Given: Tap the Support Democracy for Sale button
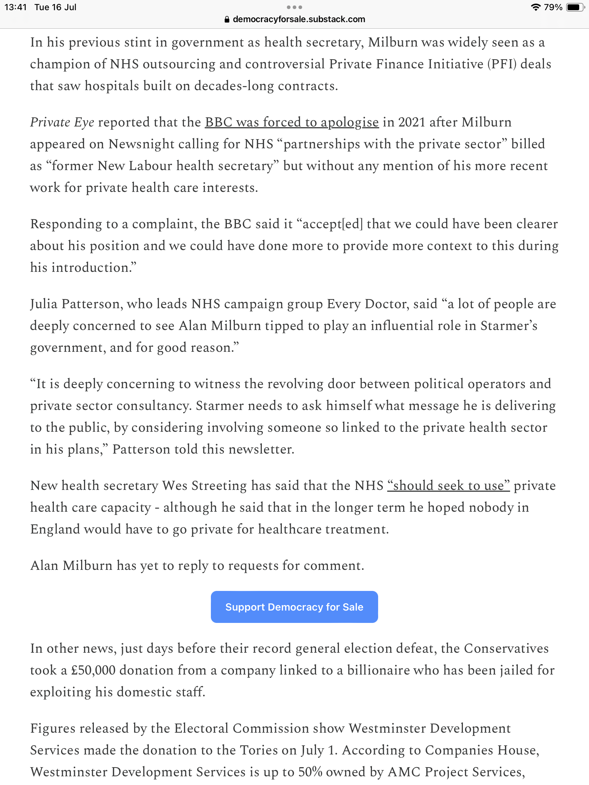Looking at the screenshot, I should pos(294,607).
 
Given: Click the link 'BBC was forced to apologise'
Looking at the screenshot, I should pos(292,122).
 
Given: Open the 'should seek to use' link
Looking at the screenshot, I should pos(448,486).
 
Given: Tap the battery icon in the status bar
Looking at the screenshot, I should pos(575,7).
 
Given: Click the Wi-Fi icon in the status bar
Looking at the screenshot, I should pos(535,7).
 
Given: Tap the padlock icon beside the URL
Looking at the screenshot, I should pos(227,20).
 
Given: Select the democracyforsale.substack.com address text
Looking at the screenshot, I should pos(299,19).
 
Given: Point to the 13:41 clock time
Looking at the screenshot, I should pos(16,7).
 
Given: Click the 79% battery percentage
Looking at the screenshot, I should pos(553,7).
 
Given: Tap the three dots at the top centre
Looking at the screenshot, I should pos(294,7).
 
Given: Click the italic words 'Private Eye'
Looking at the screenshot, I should pos(62,122).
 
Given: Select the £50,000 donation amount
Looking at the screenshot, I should pos(93,671).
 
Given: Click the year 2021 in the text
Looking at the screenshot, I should pos(412,122).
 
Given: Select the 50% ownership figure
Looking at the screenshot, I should pos(310,772).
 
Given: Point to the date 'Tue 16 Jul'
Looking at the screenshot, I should pos(55,7).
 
